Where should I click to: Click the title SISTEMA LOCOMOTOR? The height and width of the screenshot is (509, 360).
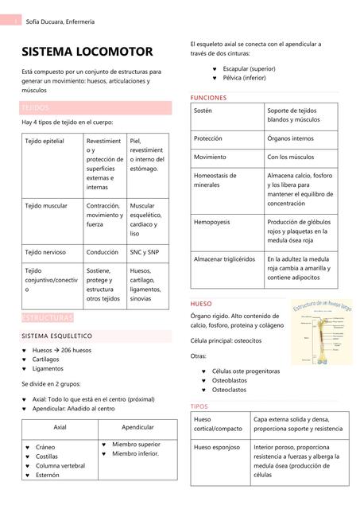pyautogui.click(x=87, y=52)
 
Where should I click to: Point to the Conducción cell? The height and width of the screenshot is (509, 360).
pyautogui.click(x=103, y=252)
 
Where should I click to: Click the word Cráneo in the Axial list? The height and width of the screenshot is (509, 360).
pyautogui.click(x=46, y=448)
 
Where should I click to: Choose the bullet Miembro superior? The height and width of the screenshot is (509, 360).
pyautogui.click(x=136, y=444)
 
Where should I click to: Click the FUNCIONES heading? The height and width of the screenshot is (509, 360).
pyautogui.click(x=209, y=98)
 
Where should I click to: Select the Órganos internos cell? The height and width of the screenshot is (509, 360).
pyautogui.click(x=290, y=138)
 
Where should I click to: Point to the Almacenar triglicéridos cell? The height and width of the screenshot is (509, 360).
pyautogui.click(x=224, y=259)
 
